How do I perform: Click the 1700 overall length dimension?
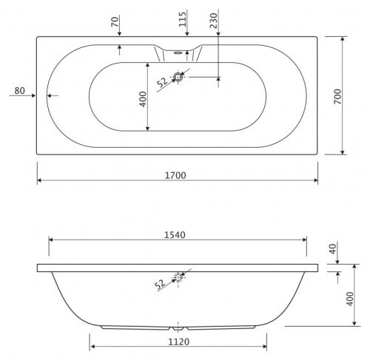(177, 175)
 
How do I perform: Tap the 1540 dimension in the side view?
(178, 234)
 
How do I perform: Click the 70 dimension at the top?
(115, 21)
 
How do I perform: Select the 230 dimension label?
(215, 20)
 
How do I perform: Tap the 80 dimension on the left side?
(20, 92)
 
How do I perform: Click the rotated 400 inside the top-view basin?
(144, 98)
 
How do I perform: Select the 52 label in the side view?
(161, 284)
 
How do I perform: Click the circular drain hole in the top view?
(178, 76)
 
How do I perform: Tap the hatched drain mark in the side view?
(178, 277)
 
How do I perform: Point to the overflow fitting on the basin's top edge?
(178, 52)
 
